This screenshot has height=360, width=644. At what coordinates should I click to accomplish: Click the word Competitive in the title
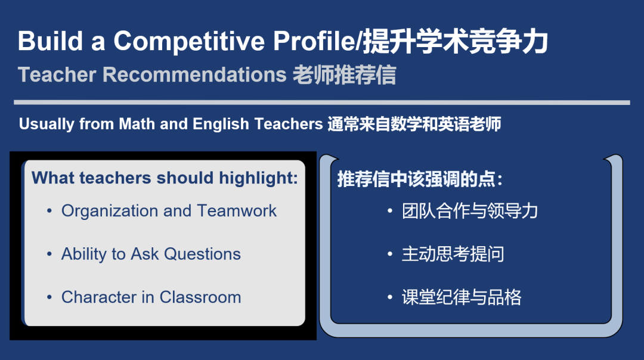(x=189, y=42)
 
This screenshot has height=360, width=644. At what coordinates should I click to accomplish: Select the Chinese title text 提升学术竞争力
(x=456, y=42)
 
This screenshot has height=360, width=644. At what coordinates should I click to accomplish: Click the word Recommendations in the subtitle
(x=194, y=75)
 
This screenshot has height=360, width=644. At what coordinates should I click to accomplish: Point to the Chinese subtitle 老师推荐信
(x=344, y=75)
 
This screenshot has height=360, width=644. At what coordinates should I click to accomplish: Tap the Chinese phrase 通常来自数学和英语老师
(x=414, y=124)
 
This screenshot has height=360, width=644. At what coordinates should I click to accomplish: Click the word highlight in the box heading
(x=258, y=178)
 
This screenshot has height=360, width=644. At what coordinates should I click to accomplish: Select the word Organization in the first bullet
(x=110, y=211)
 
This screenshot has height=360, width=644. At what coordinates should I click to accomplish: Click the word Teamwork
(x=237, y=211)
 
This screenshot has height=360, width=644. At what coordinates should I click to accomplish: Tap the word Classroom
(x=200, y=297)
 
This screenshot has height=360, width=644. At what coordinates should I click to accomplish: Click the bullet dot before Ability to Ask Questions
(x=49, y=255)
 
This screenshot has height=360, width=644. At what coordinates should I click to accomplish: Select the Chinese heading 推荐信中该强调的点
(x=420, y=179)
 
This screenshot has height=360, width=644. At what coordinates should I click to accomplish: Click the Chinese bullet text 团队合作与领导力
(x=470, y=211)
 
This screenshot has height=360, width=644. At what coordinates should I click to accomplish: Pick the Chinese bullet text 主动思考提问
(x=453, y=254)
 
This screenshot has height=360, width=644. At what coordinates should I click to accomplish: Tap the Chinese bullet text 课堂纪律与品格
(x=461, y=297)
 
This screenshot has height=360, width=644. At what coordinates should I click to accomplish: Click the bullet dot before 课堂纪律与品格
(x=390, y=297)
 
